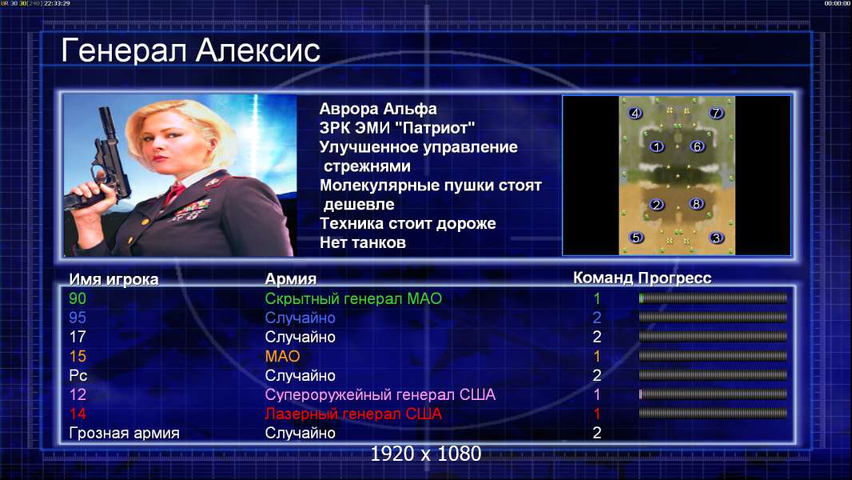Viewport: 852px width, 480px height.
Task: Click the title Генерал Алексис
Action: click(190, 51)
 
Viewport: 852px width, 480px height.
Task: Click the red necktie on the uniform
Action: click(174, 193)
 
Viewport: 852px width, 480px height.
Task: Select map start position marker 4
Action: click(635, 113)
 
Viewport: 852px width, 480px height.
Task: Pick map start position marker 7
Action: click(716, 113)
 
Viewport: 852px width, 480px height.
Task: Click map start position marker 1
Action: click(657, 146)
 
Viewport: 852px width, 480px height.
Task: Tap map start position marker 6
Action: click(697, 146)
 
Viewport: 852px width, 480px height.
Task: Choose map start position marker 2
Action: click(657, 204)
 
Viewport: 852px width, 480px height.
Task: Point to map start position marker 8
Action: click(697, 204)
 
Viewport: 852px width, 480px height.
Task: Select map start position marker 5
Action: click(635, 238)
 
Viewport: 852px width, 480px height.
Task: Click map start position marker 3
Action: click(716, 238)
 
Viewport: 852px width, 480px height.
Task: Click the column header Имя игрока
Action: click(113, 279)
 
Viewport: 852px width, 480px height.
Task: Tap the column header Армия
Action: click(291, 279)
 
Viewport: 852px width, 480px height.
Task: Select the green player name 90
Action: click(78, 298)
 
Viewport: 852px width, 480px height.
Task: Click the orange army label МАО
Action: click(283, 356)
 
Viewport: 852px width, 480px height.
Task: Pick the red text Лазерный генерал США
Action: click(353, 414)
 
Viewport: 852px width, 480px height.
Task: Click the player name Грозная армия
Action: click(124, 434)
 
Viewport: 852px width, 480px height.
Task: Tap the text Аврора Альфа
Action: click(378, 109)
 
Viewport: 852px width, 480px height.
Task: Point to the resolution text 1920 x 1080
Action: click(426, 454)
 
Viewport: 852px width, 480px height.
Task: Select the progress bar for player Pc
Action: click(713, 375)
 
